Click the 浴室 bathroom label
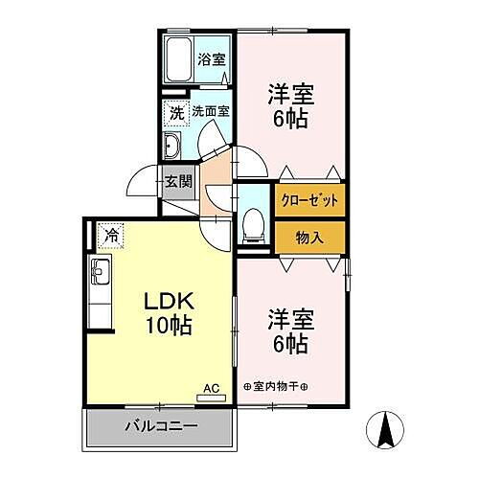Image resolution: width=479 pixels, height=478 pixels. tap(212, 57)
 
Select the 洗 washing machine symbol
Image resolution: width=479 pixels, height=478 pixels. tap(176, 112)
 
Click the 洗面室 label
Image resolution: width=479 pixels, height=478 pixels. tap(210, 111)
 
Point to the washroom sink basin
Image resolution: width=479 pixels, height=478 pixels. tap(175, 147)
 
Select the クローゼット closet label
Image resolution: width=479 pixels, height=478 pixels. tap(310, 202)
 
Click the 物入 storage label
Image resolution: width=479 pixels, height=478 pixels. tap(310, 238)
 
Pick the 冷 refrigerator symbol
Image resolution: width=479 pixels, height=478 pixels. tap(110, 233)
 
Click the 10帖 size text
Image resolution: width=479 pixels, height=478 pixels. tap(169, 326)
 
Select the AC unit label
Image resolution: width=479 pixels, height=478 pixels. tap(213, 388)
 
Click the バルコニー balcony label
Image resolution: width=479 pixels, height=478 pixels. tap(161, 425)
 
